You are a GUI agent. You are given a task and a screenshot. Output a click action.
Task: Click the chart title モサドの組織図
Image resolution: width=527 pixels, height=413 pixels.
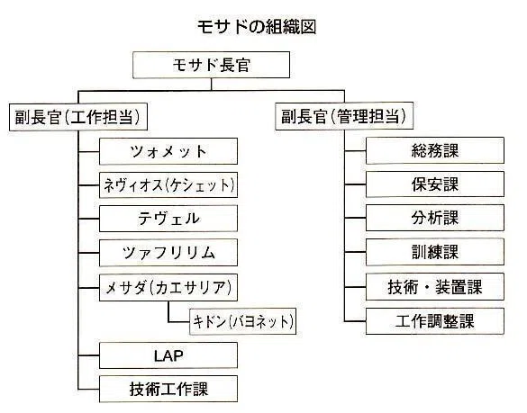(257, 27)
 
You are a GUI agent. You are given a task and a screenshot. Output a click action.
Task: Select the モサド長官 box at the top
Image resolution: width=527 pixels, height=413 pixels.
(211, 65)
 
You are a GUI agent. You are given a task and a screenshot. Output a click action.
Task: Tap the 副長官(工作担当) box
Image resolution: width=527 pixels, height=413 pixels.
(78, 117)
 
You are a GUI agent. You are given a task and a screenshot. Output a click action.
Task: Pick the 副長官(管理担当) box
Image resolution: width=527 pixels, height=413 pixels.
(344, 116)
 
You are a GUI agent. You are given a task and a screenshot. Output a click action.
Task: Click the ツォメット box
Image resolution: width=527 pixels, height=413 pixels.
(168, 151)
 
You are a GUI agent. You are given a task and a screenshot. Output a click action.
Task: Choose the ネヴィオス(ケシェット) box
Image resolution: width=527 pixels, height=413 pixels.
(168, 185)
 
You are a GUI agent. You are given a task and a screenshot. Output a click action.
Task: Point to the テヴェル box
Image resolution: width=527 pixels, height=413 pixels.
(168, 219)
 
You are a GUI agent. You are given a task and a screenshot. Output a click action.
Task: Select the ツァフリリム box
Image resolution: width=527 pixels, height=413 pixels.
(168, 253)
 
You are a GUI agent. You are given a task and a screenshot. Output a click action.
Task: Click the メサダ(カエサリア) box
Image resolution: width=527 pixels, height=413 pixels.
(168, 287)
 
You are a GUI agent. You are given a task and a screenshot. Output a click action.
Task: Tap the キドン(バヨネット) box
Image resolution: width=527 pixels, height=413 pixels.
(242, 321)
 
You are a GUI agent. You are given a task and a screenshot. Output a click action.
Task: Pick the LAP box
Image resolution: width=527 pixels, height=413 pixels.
(168, 355)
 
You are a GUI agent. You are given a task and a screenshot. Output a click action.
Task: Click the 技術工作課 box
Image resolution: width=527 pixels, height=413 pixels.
(168, 389)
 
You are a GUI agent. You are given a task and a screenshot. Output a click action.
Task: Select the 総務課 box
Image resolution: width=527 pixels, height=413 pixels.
(435, 150)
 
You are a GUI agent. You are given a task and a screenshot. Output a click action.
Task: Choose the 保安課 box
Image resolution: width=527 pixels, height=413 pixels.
(435, 184)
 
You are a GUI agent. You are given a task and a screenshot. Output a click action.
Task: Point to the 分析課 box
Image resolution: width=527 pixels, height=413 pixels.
(435, 218)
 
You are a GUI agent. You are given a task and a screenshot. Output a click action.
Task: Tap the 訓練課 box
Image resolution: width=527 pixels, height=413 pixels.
(435, 252)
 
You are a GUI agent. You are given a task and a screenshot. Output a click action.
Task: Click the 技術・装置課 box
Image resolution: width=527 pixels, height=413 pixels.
(435, 287)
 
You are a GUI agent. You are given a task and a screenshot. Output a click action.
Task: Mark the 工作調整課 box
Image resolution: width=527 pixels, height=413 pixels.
(435, 321)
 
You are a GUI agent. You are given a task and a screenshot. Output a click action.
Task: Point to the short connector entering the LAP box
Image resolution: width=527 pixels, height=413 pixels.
(88, 355)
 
